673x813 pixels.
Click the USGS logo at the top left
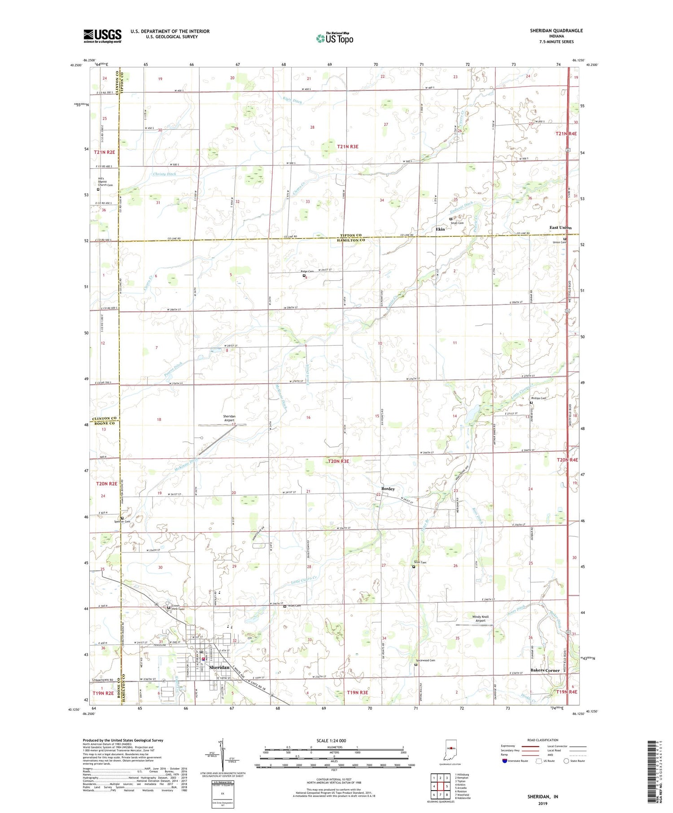[x=102, y=36]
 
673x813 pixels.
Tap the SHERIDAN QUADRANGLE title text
[x=556, y=30]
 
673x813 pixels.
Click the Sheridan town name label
[x=219, y=667]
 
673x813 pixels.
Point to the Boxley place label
[x=388, y=489]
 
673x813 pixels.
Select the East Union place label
[x=560, y=228]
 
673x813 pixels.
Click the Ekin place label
[x=440, y=229]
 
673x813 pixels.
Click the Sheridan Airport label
[x=230, y=418]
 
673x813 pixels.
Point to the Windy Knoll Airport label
[x=481, y=619]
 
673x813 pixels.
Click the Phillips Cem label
[x=538, y=398]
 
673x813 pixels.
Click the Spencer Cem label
[x=122, y=522]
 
